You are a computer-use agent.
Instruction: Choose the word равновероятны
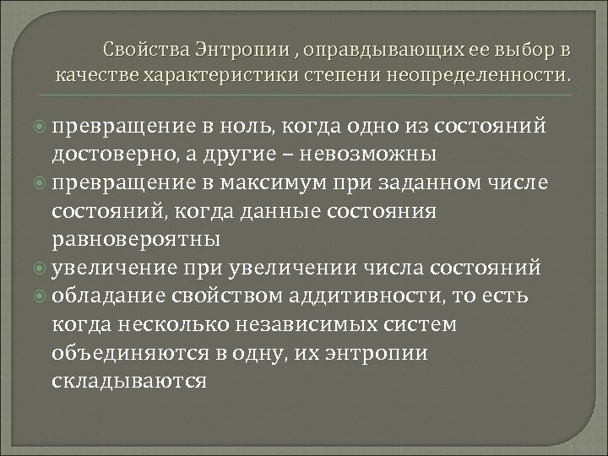136,239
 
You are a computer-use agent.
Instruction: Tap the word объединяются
116,353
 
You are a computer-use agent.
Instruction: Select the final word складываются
129,381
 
